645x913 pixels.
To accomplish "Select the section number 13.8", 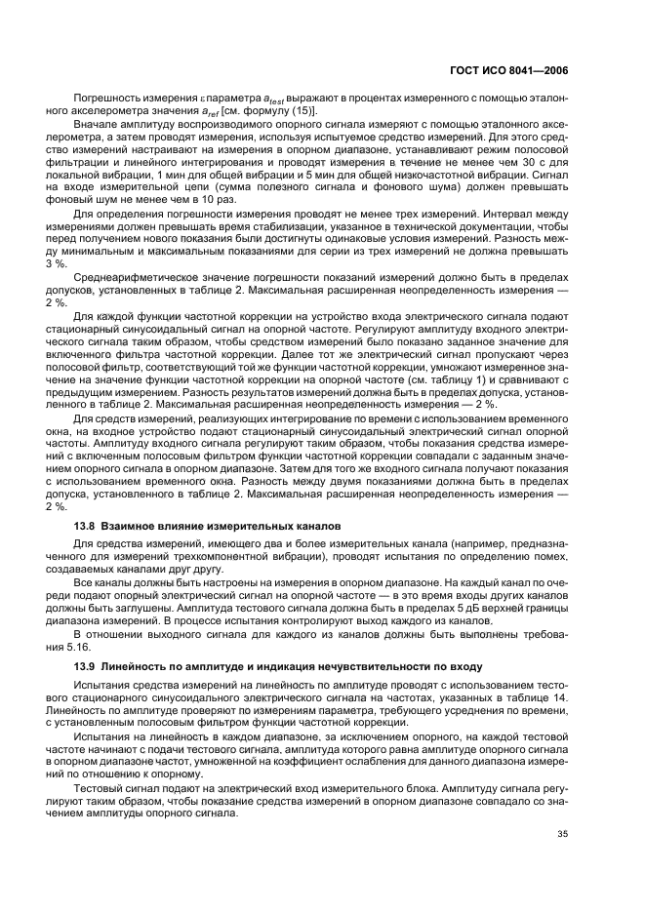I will coord(86,527).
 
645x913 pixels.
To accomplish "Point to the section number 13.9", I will coord(86,664).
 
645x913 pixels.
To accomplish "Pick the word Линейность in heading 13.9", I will coord(135,664).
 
